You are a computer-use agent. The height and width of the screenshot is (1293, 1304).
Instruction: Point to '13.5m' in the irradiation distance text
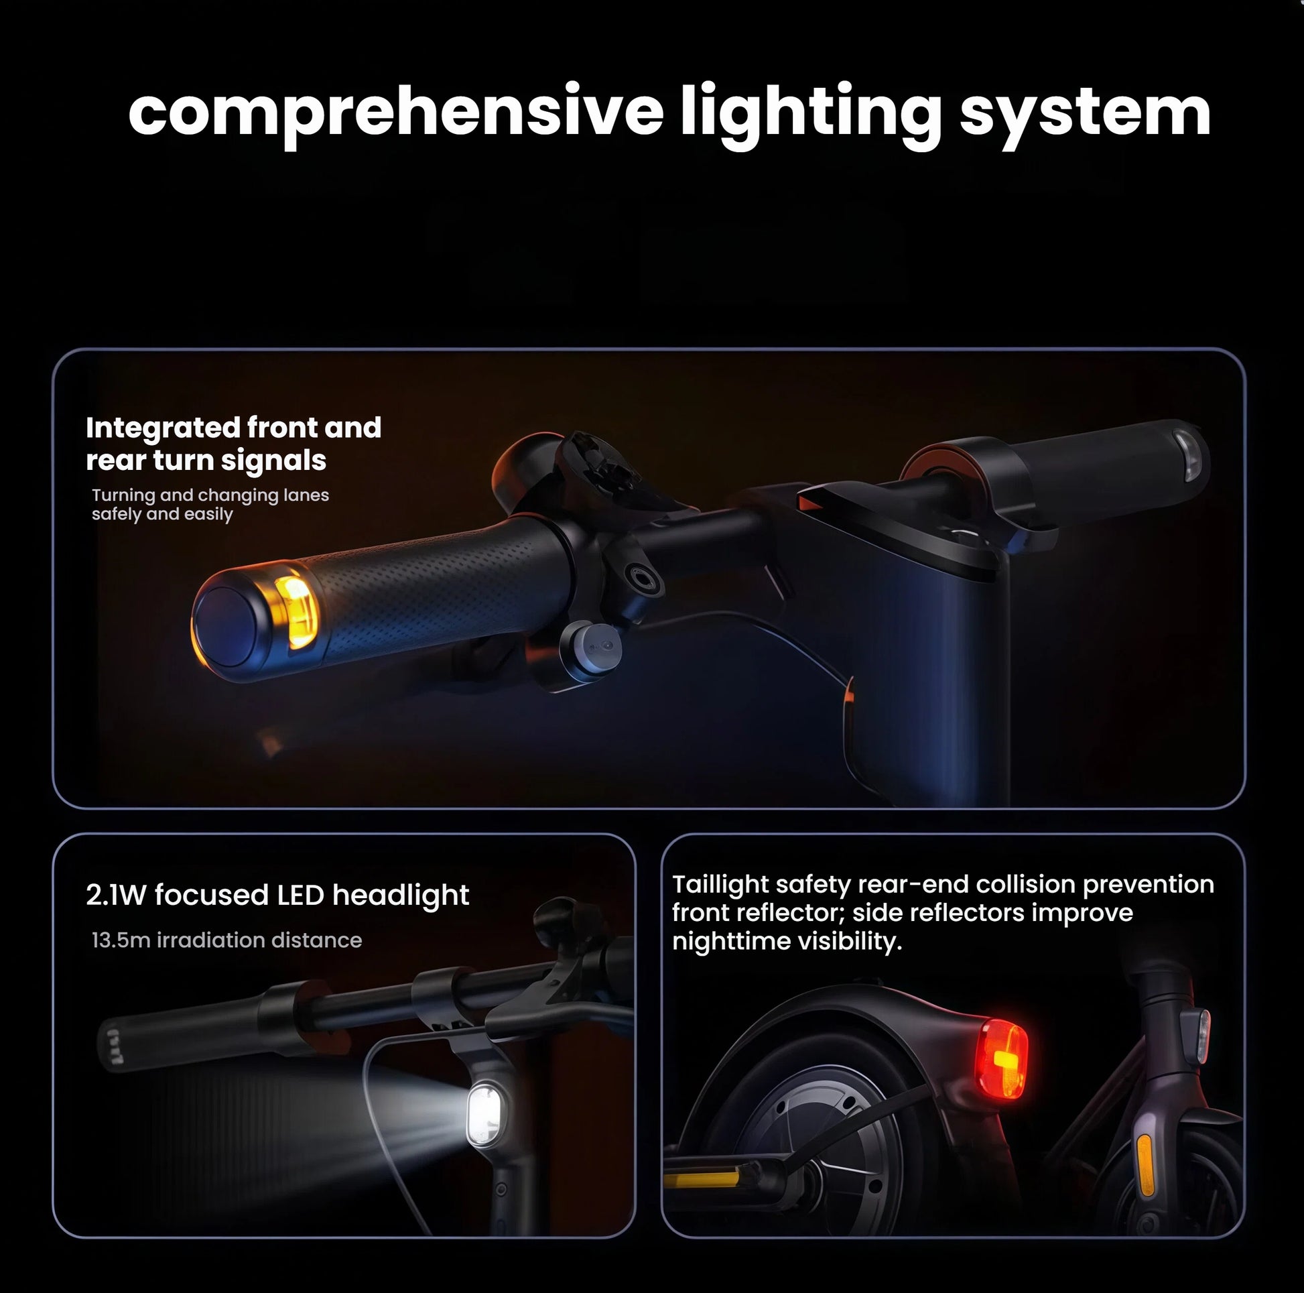121,940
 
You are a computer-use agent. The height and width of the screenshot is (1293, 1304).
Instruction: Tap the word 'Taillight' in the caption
720,885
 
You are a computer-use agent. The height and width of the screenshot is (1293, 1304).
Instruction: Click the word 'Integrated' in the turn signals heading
163,428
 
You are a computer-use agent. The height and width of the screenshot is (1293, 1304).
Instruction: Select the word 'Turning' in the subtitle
123,495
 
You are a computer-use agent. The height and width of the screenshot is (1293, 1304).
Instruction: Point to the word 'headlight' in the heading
400,896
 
